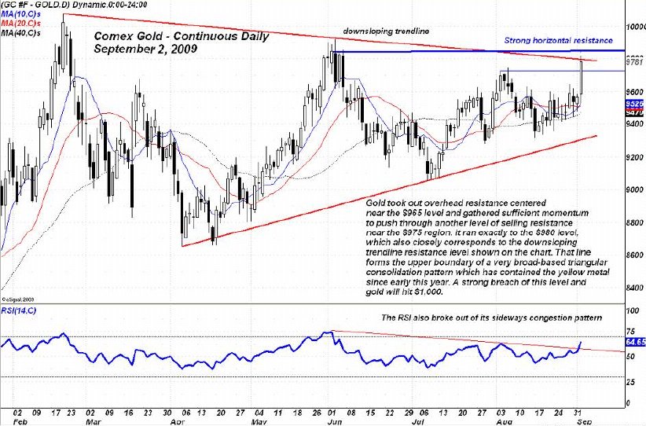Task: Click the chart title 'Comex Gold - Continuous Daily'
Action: (x=181, y=36)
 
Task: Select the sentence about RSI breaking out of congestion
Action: (x=491, y=318)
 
